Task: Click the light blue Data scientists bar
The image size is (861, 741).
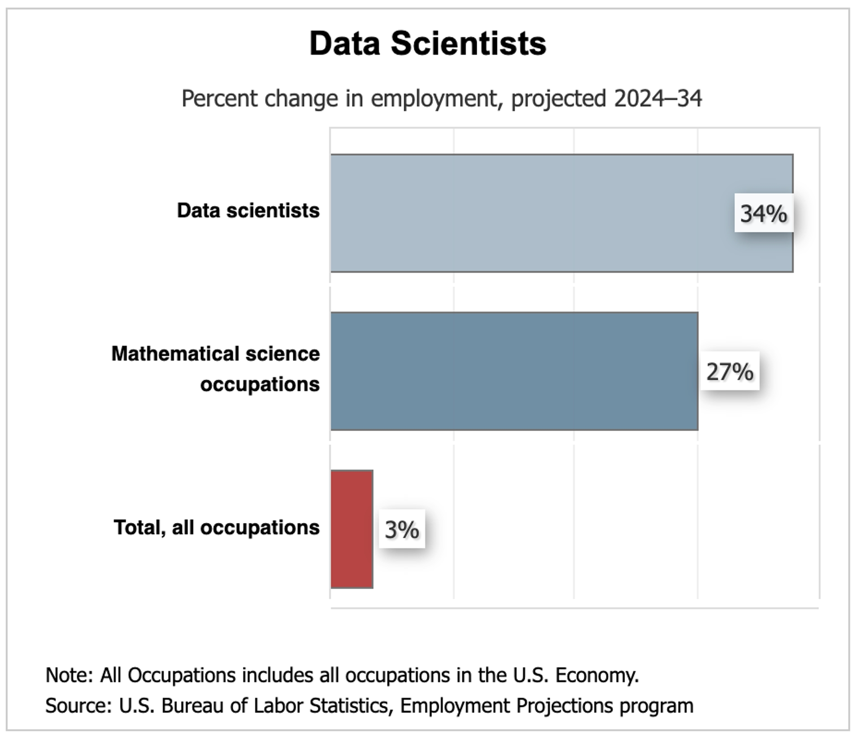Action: coord(529,213)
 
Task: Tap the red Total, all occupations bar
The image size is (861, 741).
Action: coord(352,529)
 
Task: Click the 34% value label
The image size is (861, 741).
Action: coord(763,213)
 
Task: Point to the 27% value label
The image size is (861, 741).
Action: coord(730,371)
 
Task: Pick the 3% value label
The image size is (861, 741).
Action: coord(402,529)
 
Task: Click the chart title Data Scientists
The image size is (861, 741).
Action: coord(428,44)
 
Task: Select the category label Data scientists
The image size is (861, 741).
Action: coord(248,210)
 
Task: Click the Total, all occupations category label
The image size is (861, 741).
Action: coord(217,527)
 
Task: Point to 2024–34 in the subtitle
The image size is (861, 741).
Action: coord(658,99)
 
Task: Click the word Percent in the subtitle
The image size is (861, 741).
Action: coord(219,99)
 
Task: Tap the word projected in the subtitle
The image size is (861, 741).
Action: coord(558,99)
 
